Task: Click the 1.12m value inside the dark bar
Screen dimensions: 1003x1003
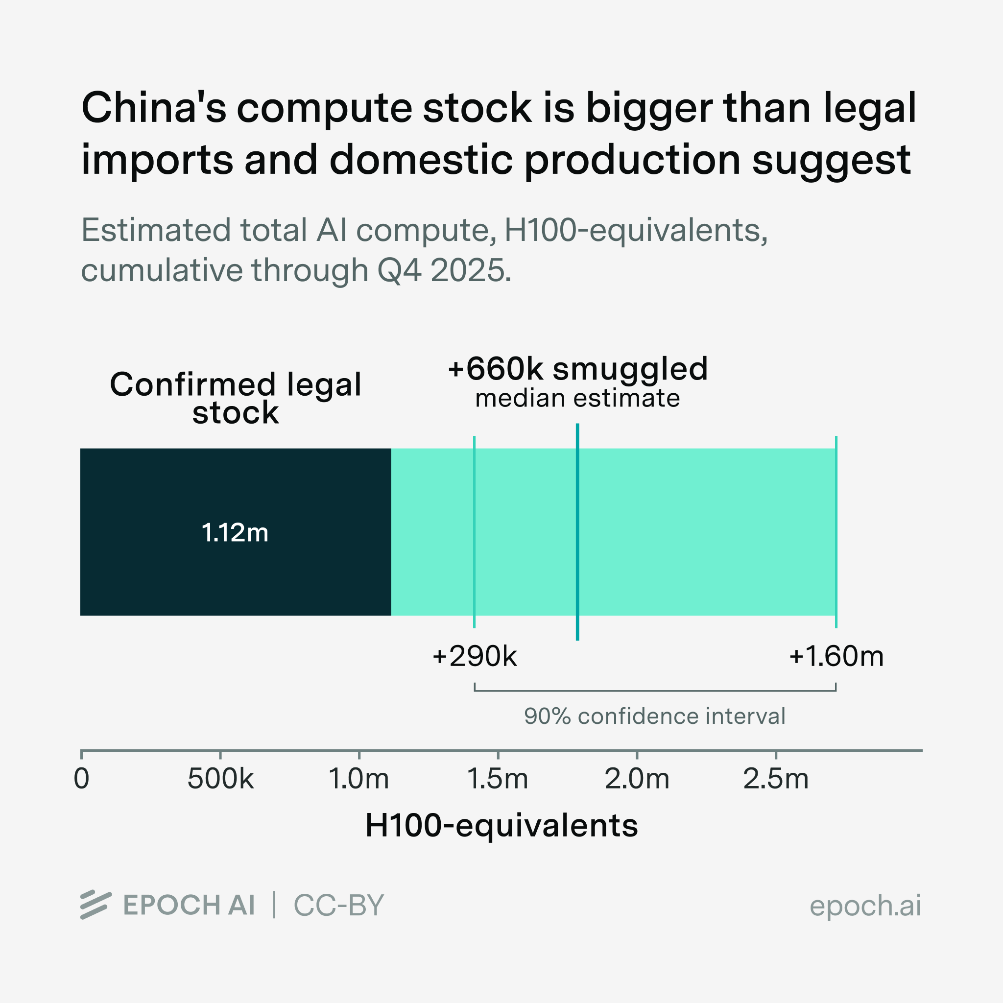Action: [x=235, y=533]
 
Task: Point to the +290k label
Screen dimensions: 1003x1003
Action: [x=475, y=656]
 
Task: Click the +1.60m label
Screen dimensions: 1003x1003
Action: [x=836, y=656]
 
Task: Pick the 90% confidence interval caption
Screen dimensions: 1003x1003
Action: [x=654, y=716]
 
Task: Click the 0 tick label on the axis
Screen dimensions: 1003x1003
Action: [x=81, y=779]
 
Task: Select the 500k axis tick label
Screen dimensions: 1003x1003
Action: [x=220, y=779]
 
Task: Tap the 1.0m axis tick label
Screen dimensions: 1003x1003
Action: [x=358, y=779]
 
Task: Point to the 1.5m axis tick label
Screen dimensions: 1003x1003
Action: [x=498, y=779]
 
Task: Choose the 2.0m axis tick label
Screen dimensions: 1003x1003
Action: [x=637, y=779]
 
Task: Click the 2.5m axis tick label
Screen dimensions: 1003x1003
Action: [x=776, y=779]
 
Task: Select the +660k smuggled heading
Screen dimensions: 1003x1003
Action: [x=577, y=369]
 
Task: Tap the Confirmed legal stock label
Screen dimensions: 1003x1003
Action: [x=235, y=398]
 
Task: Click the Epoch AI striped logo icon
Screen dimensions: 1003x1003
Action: [x=96, y=905]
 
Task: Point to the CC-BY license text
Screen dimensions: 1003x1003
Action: [x=338, y=906]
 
